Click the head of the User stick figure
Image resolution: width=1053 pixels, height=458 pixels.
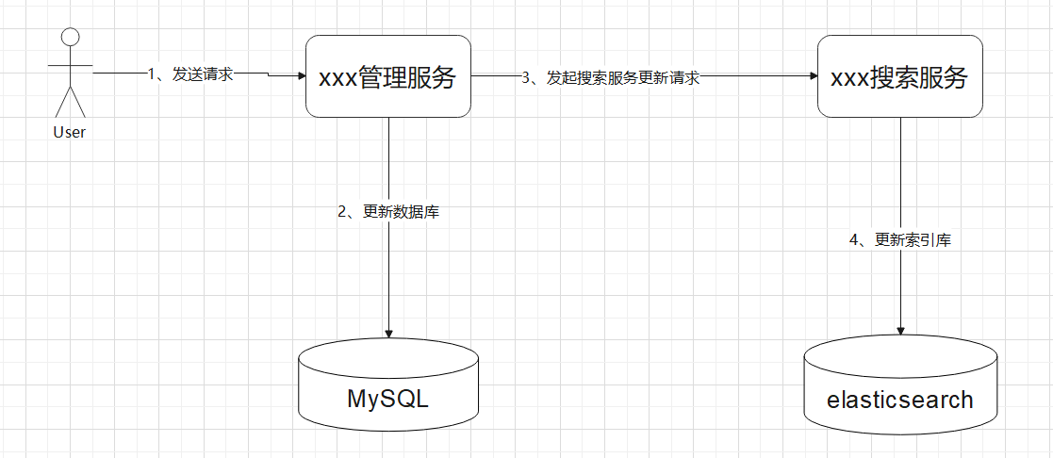[70, 37]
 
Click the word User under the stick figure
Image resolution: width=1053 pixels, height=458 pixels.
[70, 133]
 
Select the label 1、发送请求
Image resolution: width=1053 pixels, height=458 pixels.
[190, 74]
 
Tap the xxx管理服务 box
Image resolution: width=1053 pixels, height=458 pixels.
[388, 76]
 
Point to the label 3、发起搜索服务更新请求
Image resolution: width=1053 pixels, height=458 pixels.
[610, 78]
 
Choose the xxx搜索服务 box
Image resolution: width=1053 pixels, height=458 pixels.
[899, 76]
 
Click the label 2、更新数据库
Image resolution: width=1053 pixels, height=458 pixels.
[388, 212]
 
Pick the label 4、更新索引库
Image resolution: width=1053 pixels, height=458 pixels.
[900, 240]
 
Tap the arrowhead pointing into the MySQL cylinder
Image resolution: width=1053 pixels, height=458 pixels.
[388, 333]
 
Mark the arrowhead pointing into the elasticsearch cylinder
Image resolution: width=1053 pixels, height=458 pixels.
[900, 331]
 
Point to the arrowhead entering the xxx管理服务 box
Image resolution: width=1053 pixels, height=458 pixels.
[301, 77]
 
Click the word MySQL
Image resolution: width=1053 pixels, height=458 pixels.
[387, 399]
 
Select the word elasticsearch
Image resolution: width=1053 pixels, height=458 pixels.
[899, 400]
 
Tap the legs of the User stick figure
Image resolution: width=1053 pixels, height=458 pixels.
[70, 102]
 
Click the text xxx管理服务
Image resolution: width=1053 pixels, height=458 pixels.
[388, 78]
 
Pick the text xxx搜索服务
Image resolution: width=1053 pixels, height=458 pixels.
[899, 78]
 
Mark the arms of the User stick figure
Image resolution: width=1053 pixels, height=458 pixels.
[70, 66]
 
